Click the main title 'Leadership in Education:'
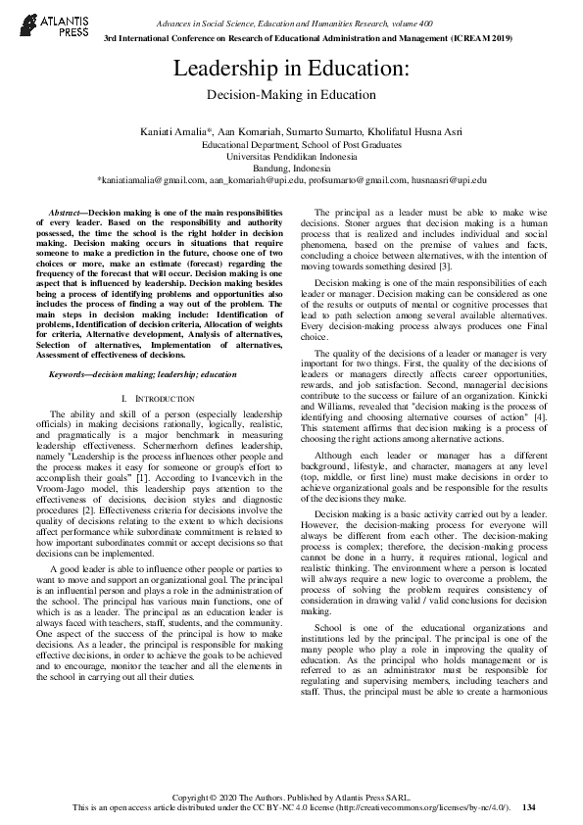point(291,70)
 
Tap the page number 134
point(530,807)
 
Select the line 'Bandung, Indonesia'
point(291,169)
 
